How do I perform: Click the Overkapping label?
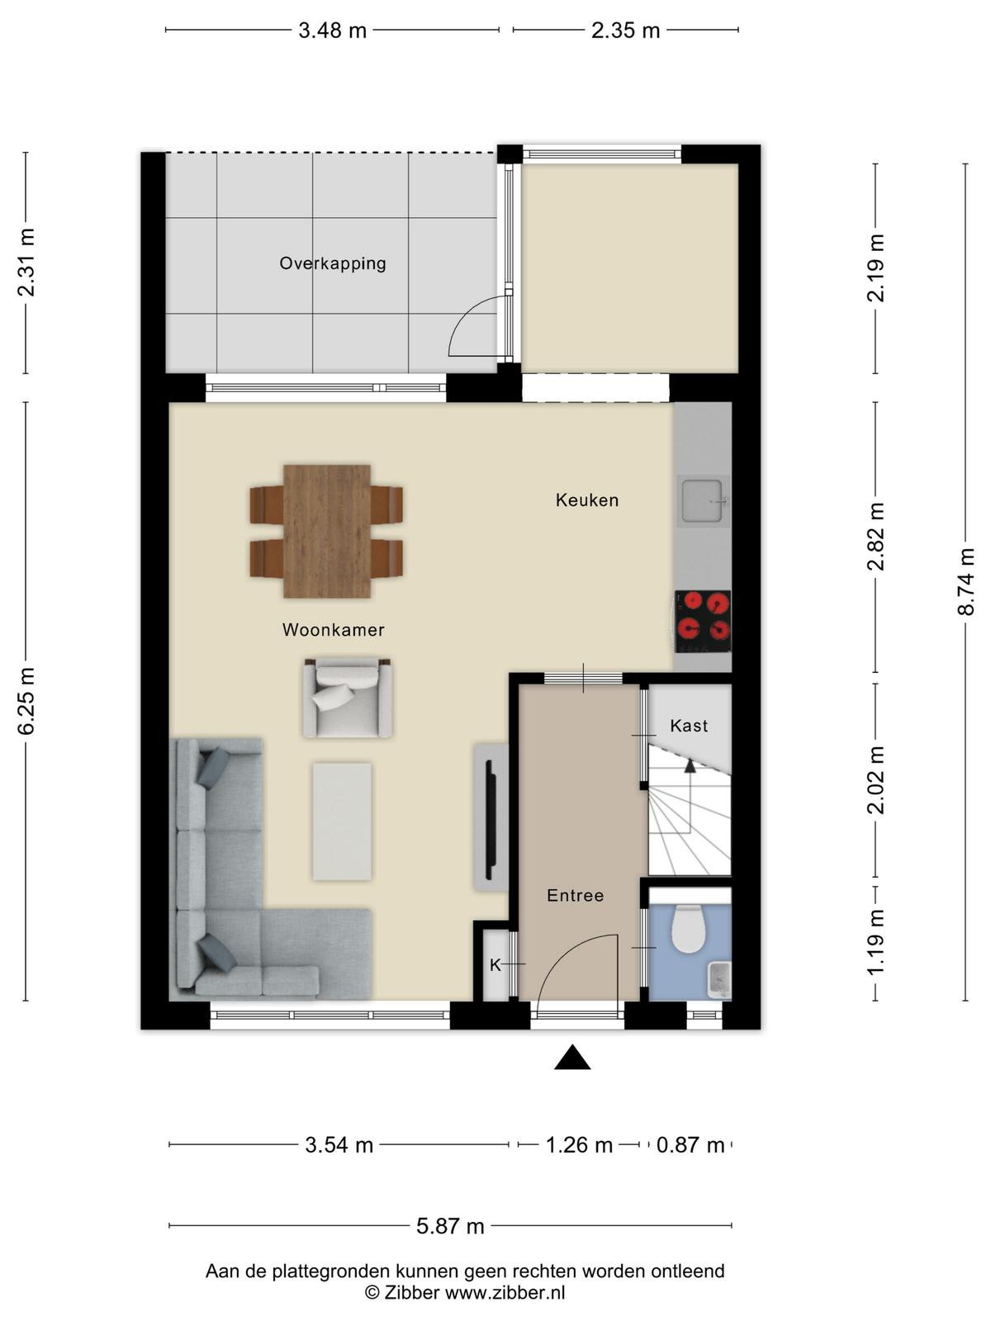pos(332,263)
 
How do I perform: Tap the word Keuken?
pos(586,500)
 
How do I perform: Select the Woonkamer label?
pos(333,629)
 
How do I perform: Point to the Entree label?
pos(576,896)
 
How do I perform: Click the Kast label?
pos(689,726)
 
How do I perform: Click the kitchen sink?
pos(701,500)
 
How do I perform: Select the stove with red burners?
pos(703,621)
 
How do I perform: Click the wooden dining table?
pos(327,531)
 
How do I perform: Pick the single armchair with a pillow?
pos(348,698)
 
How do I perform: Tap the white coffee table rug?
pos(342,821)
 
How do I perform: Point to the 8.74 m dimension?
pos(965,581)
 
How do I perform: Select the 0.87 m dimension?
pos(690,1144)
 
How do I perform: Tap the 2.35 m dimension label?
pos(626,30)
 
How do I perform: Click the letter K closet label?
pos(495,966)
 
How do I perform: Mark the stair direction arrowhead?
pos(690,766)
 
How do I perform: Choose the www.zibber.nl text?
pos(505,1292)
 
